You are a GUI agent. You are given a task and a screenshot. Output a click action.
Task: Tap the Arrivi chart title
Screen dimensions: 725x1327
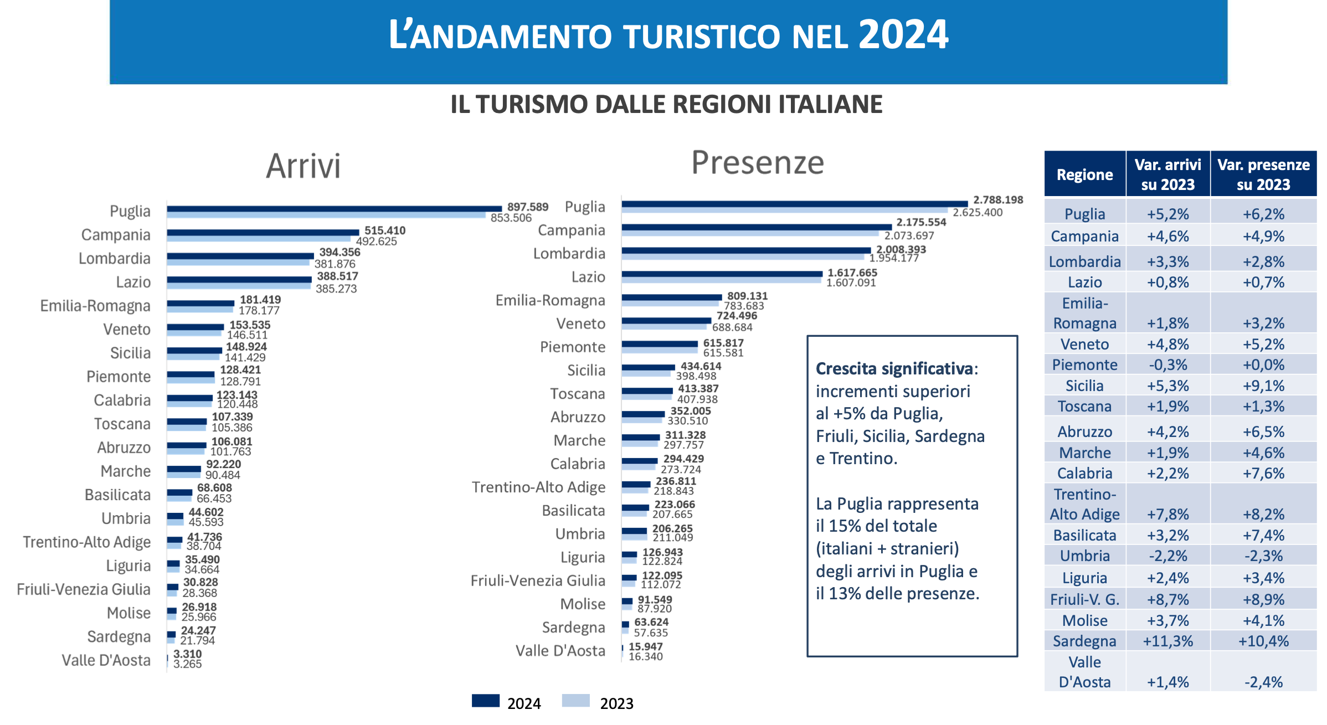tap(303, 166)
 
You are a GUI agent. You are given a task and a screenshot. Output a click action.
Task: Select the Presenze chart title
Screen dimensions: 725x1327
tap(757, 163)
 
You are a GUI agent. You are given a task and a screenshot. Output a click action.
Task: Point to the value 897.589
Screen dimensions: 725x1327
tap(527, 207)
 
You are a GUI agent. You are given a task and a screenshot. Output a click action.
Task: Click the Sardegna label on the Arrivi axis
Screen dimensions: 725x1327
tap(119, 637)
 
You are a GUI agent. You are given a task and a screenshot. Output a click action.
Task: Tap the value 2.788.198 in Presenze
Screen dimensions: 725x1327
tap(998, 200)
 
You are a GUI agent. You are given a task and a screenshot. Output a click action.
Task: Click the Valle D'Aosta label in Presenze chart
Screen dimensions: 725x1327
tap(560, 651)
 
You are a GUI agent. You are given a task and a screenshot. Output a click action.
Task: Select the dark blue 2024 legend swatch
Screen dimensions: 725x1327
tap(485, 701)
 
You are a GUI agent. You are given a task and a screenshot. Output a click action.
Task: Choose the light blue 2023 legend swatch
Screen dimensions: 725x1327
tap(575, 701)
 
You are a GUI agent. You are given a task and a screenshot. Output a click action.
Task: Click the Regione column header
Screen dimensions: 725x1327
tap(1084, 175)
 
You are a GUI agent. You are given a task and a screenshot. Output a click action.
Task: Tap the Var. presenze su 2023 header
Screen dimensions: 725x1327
tap(1263, 174)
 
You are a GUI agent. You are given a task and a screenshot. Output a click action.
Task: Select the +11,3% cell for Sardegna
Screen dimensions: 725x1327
tap(1167, 641)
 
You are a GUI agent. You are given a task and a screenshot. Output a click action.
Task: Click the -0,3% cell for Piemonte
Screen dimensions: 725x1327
tap(1167, 365)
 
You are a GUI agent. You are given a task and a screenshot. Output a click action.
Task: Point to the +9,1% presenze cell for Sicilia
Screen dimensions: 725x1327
tap(1263, 386)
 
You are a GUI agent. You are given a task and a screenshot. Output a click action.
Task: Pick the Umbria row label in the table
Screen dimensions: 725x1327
tap(1084, 556)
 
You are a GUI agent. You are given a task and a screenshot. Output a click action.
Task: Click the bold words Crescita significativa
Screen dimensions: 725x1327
tap(894, 368)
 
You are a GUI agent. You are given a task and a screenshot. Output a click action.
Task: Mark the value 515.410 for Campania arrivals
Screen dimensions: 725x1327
tap(384, 230)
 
